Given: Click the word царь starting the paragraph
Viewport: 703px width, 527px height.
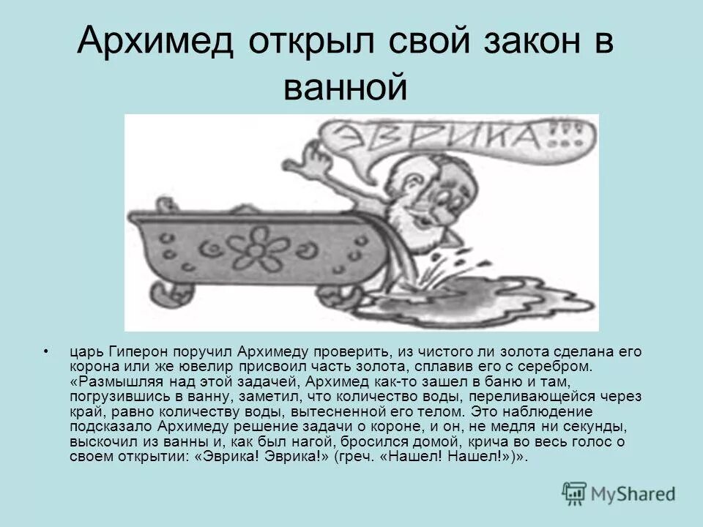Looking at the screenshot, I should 85,352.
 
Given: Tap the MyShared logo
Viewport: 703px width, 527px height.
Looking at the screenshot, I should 619,493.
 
